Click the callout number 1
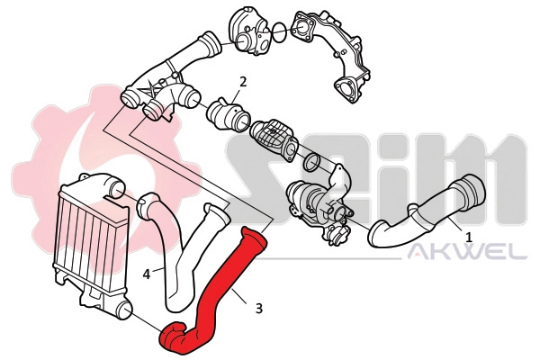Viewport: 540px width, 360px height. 469,234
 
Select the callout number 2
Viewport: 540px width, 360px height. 242,83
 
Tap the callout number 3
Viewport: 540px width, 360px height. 259,309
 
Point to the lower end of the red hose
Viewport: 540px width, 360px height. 171,337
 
